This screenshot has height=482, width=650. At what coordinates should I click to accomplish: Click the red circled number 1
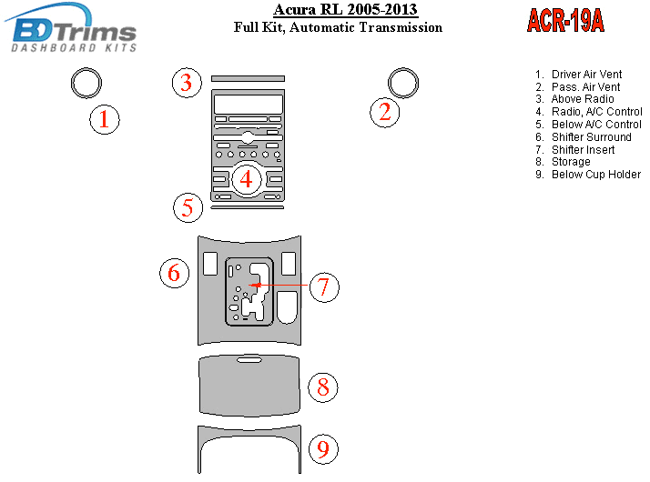pos(105,119)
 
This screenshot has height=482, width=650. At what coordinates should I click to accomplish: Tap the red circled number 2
pos(385,112)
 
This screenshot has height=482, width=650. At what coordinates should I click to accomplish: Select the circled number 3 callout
pos(187,83)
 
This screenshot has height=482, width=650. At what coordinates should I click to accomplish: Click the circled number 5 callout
pos(188,207)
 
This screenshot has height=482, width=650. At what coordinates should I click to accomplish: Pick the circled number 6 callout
pos(175,272)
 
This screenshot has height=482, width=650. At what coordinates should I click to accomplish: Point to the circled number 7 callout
pos(323,287)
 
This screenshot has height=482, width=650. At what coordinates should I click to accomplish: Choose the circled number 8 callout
pos(323,387)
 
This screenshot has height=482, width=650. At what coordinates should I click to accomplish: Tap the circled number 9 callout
pos(323,448)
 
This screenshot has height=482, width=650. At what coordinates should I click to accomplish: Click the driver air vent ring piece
pos(86,84)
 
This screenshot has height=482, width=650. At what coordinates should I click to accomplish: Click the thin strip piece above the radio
pos(248,78)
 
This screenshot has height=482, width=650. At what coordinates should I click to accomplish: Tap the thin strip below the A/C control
pos(247,207)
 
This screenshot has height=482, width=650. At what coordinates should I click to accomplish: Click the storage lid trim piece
pos(249,387)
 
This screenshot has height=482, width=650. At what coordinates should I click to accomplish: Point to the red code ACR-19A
pos(565,21)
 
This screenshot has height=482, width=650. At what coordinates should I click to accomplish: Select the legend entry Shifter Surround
pos(591,137)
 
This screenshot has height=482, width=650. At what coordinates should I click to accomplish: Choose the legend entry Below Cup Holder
pos(596,174)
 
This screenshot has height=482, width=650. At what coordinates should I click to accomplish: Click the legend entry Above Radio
pos(583,99)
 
